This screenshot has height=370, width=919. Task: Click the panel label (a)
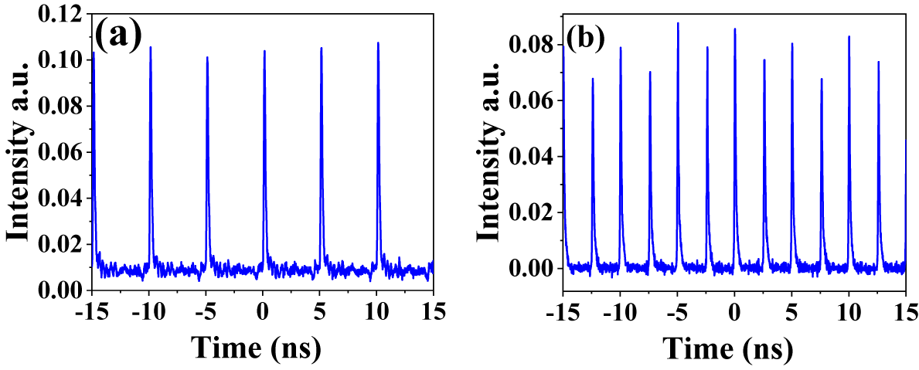click(x=119, y=35)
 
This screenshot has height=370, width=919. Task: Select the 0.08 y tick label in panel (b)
click(x=533, y=46)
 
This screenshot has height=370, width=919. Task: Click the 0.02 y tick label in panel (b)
click(x=533, y=212)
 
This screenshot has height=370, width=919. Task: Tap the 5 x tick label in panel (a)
click(x=320, y=311)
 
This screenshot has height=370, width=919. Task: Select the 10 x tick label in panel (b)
click(x=849, y=311)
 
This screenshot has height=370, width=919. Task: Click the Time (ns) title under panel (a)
click(x=256, y=348)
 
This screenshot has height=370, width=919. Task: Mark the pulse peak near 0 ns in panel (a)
click(x=264, y=52)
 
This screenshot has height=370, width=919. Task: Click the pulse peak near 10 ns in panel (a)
click(x=378, y=43)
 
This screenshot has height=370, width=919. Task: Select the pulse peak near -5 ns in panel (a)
click(x=207, y=57)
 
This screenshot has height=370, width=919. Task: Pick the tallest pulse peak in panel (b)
click(x=678, y=23)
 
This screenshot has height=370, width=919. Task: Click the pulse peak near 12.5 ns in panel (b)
click(x=878, y=62)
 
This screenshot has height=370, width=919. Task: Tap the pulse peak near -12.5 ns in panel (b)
click(x=593, y=79)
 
